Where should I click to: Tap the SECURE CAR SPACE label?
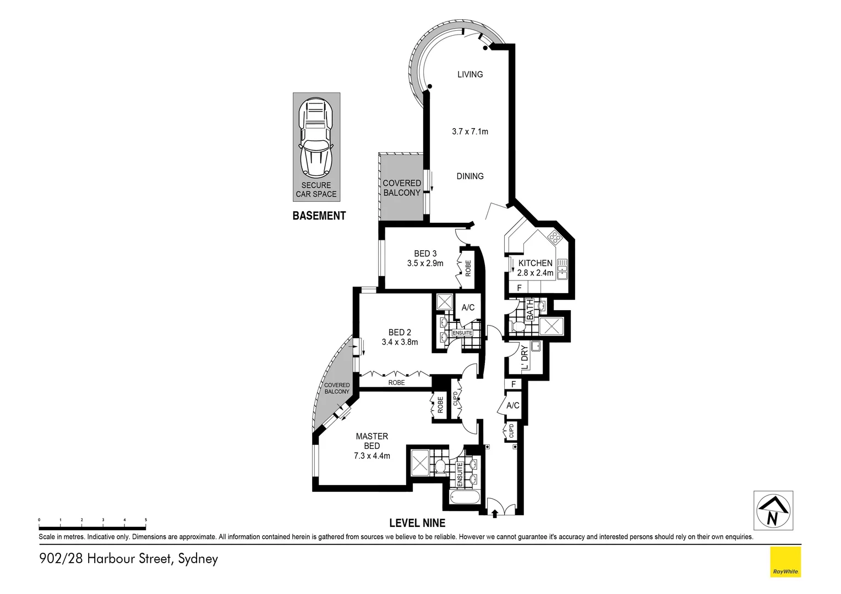(x=316, y=190)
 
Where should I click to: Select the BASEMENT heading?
(x=319, y=216)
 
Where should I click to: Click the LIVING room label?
(x=470, y=74)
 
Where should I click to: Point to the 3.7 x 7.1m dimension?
(x=470, y=131)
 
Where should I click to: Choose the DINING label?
(x=470, y=176)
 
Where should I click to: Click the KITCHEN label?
(x=535, y=263)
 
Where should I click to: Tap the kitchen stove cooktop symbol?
(x=554, y=238)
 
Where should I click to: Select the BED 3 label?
(x=425, y=254)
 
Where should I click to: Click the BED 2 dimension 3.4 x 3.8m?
(x=400, y=342)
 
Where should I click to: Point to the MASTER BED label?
(x=372, y=441)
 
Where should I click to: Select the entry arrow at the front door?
(x=495, y=513)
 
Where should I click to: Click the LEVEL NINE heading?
(x=417, y=522)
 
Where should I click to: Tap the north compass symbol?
(x=773, y=510)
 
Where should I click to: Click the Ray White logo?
(x=785, y=562)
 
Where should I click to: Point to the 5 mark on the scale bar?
(x=145, y=520)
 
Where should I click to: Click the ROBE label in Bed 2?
(x=396, y=382)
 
